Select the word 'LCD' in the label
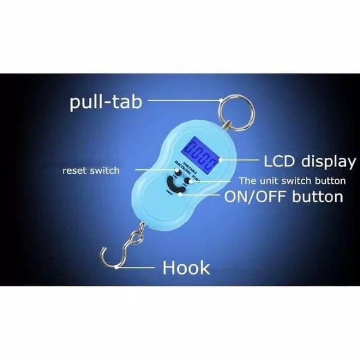281,161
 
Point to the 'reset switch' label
91,170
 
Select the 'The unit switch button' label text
292,181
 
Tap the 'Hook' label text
186,268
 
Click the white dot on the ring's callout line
220,102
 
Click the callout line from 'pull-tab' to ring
180,102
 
